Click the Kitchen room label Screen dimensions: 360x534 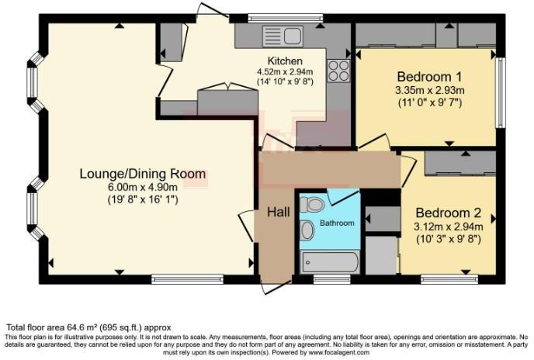(285, 61)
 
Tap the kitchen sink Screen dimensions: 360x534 (282, 35)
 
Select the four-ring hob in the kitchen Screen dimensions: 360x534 (339, 71)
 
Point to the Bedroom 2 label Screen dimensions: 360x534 (449, 213)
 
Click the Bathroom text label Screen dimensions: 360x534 (338, 223)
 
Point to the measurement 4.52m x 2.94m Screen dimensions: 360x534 (285, 71)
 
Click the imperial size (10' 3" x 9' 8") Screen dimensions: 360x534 (449, 239)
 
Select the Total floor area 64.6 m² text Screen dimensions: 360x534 (88, 327)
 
